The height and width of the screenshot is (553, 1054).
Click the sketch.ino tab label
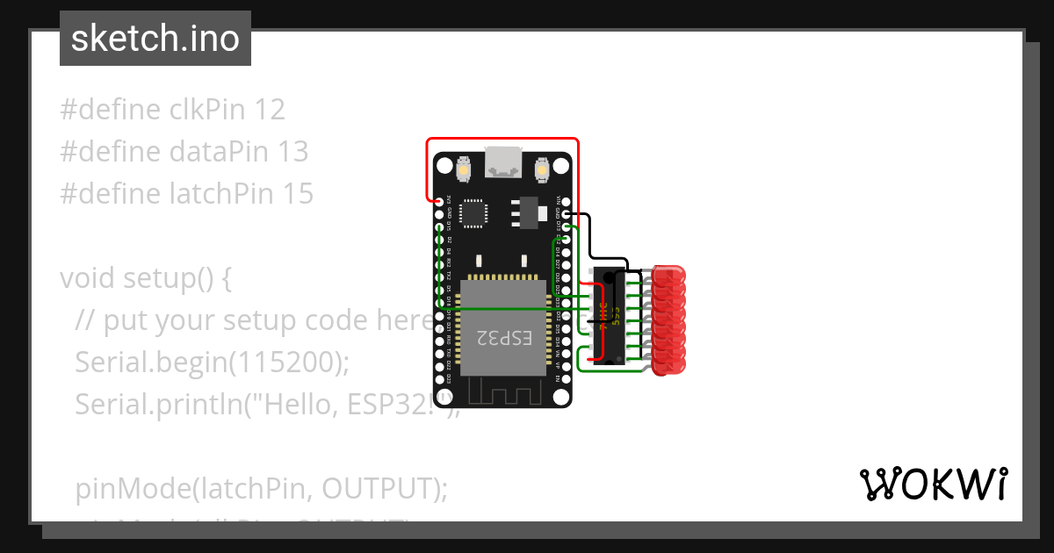155,39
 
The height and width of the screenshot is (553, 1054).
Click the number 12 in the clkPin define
270,110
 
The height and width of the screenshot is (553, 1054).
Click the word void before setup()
88,278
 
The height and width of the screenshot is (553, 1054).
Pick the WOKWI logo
933,485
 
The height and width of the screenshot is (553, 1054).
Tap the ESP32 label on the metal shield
504,337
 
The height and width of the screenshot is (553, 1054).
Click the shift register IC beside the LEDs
606,316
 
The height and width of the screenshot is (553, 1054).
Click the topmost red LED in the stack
670,274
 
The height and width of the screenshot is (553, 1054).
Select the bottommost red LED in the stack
670,367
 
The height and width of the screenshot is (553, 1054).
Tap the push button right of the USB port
541,167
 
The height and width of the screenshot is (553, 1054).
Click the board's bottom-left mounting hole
445,394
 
